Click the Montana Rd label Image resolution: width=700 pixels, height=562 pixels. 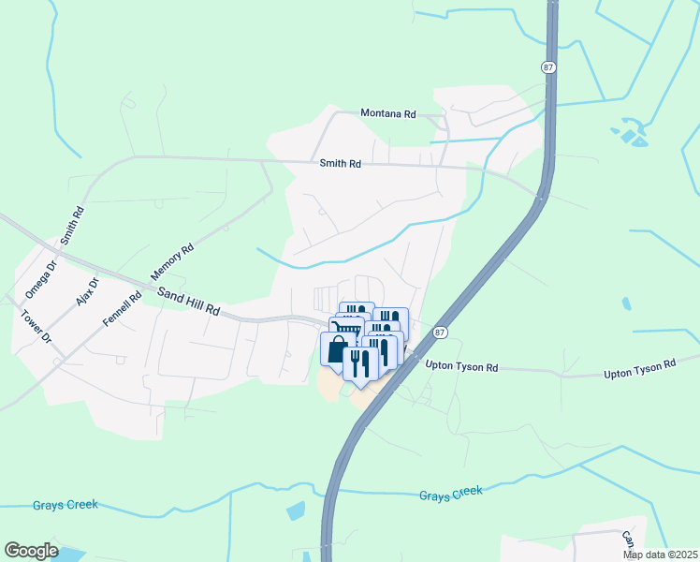(x=388, y=113)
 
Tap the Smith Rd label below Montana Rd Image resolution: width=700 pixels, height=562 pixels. (x=340, y=163)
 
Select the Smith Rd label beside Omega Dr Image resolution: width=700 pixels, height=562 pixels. (x=72, y=225)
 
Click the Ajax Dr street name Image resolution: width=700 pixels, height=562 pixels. (x=86, y=294)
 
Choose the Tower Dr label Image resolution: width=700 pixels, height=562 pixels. (x=32, y=326)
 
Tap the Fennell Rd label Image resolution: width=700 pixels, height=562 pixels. (x=123, y=308)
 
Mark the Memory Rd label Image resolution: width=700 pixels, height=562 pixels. (x=172, y=263)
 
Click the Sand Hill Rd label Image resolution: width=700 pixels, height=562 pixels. (x=188, y=302)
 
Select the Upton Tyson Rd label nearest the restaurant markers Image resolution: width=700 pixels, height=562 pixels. (x=461, y=366)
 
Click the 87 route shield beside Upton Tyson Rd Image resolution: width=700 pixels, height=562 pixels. (x=441, y=333)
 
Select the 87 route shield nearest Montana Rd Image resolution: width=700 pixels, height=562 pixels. (x=547, y=67)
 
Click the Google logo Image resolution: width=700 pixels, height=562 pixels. (x=31, y=550)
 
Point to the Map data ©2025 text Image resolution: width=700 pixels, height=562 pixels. (x=660, y=555)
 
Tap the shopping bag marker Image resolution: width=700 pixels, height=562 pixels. (x=335, y=348)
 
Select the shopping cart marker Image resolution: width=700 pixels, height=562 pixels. (x=345, y=329)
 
